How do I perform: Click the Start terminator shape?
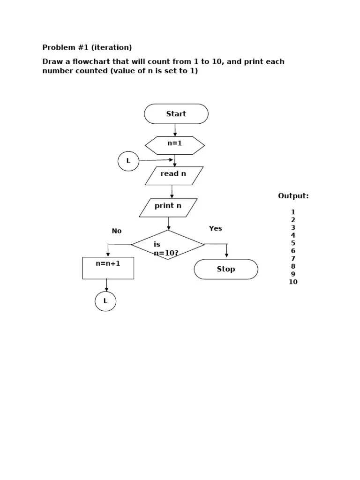tap(176, 114)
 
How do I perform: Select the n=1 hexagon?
tap(175, 145)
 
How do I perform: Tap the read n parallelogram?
tap(174, 176)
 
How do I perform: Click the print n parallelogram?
tap(168, 208)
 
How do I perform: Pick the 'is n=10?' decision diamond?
tap(168, 245)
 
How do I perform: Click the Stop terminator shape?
tap(226, 270)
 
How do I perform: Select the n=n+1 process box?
tap(108, 268)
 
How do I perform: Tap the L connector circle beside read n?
tap(128, 161)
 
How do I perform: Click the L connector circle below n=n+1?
tap(105, 301)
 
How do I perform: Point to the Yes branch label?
tap(216, 229)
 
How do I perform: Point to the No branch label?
tap(117, 231)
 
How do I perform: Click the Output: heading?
tap(293, 196)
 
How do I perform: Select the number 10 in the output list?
tap(293, 282)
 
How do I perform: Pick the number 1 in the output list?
tap(293, 212)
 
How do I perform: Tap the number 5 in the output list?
tap(293, 243)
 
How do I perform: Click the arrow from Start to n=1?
tap(175, 130)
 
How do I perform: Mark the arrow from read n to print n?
tap(172, 192)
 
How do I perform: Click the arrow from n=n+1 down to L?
tap(107, 285)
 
